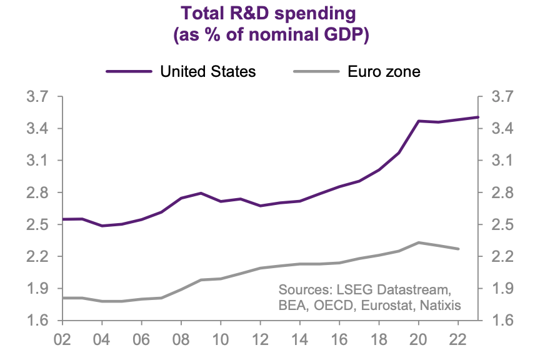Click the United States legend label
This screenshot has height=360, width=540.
(208, 71)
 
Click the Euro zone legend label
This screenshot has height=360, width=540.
(384, 71)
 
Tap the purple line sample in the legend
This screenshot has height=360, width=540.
(129, 71)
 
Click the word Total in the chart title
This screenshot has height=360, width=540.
(203, 12)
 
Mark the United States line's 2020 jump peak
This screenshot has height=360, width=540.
(419, 121)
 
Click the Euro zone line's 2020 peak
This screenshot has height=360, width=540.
(419, 242)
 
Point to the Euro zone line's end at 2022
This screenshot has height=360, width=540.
(458, 249)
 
